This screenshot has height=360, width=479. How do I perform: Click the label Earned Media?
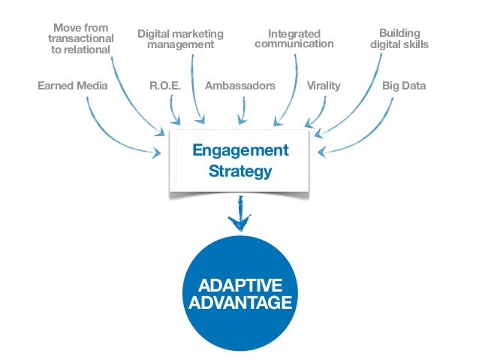coord(72,86)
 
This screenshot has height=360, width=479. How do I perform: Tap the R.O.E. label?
coord(166,86)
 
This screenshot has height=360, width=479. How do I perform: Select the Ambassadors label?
coord(240,86)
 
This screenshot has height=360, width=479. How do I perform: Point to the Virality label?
coord(324,86)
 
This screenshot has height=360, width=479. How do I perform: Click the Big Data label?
coord(404,86)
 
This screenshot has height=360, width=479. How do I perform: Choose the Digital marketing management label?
coord(180,39)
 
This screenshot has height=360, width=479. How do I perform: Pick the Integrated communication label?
coord(294,39)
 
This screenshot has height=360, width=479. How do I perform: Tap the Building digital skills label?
coord(399,39)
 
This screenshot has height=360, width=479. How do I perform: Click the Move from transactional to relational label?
coord(80,39)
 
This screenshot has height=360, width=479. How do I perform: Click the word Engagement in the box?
coord(240,150)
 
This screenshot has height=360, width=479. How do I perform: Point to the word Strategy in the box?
coord(240,172)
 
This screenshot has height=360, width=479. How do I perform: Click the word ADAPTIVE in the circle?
coord(240,286)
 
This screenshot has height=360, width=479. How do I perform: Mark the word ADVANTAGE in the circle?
coord(240,304)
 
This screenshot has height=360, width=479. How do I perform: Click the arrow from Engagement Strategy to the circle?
coord(240,214)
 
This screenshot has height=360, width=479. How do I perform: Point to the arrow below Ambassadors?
coord(240,111)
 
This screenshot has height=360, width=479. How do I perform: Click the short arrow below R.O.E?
coord(174,110)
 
